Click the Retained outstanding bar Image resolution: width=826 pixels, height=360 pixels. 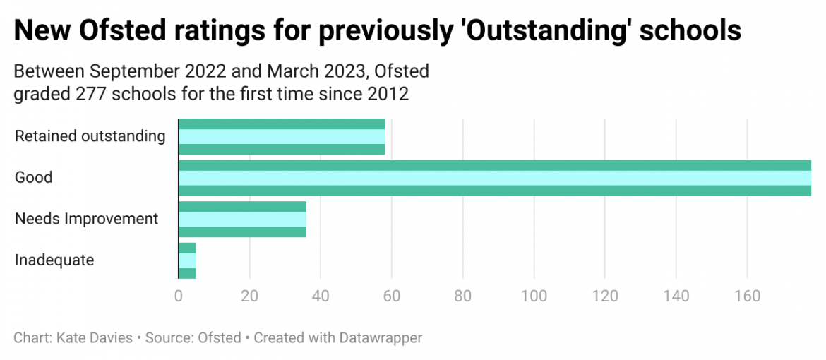pyautogui.click(x=282, y=137)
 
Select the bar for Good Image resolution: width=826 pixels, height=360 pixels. pyautogui.click(x=494, y=178)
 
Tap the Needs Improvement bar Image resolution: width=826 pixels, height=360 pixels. pyautogui.click(x=243, y=219)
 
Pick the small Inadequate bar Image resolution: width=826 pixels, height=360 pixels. pyautogui.click(x=187, y=260)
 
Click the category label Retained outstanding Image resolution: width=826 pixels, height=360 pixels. pyautogui.click(x=90, y=136)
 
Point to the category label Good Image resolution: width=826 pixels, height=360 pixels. pyautogui.click(x=34, y=177)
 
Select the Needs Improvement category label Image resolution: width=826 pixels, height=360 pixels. pyautogui.click(x=86, y=219)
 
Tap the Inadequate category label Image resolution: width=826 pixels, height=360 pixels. pyautogui.click(x=54, y=260)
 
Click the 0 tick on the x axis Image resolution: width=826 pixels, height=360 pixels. pyautogui.click(x=179, y=296)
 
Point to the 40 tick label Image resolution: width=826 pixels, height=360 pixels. pyautogui.click(x=321, y=296)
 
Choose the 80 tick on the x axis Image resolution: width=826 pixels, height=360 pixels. pyautogui.click(x=463, y=296)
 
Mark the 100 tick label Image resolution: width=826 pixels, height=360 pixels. pyautogui.click(x=534, y=296)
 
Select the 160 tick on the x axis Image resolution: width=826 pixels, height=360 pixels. pyautogui.click(x=748, y=296)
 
